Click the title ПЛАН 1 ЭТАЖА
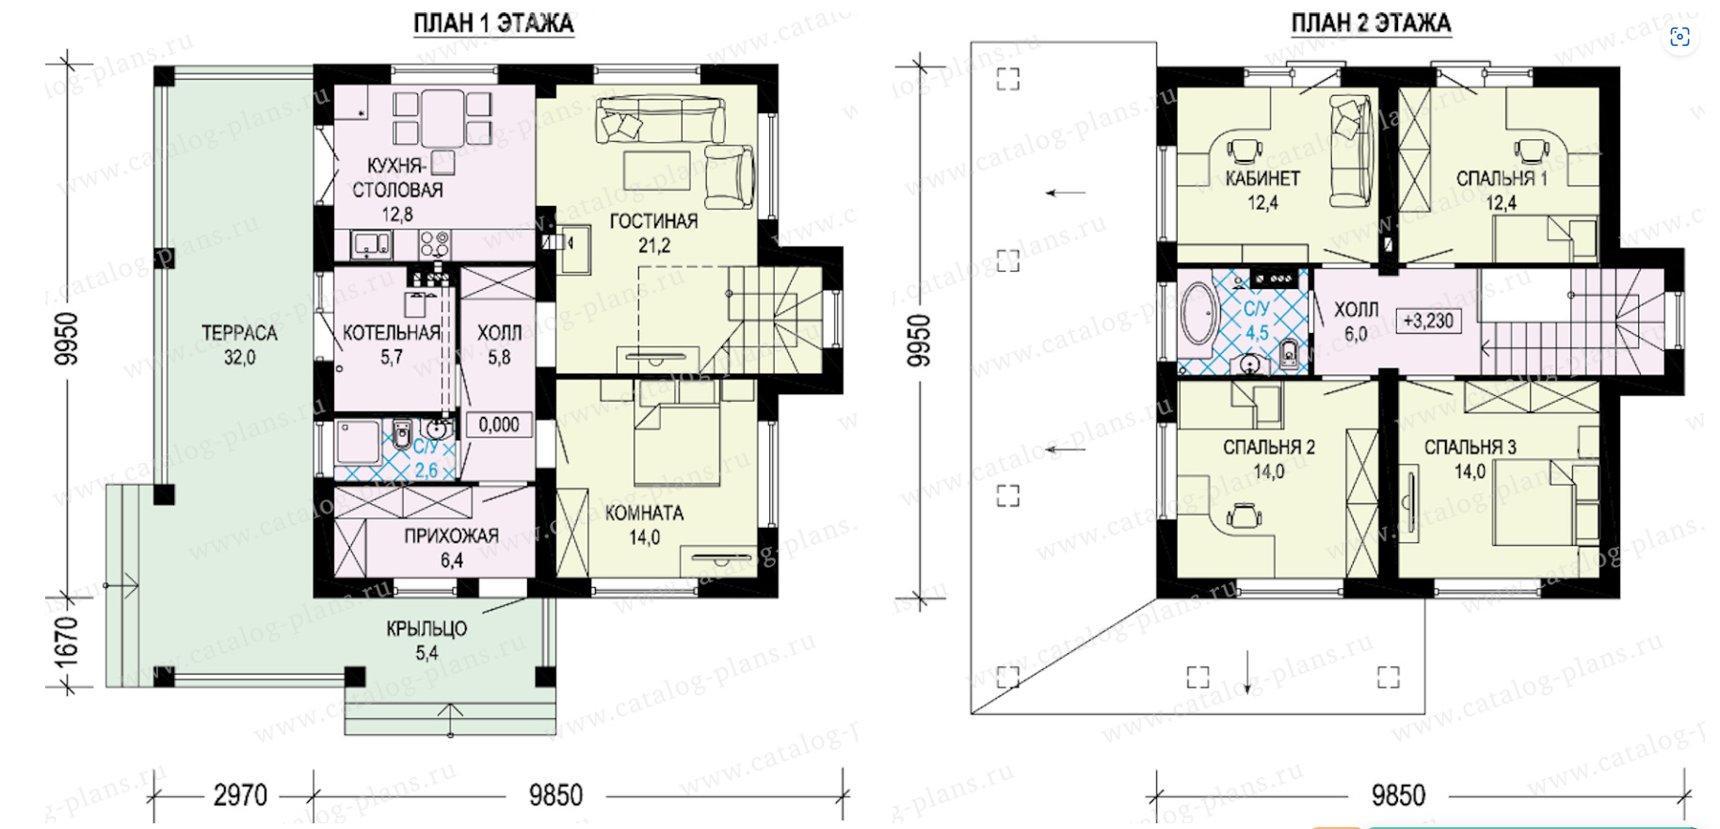click(493, 24)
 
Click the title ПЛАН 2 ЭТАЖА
click(1371, 24)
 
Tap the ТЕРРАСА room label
click(239, 333)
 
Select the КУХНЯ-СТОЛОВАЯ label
click(397, 178)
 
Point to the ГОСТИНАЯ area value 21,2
click(654, 246)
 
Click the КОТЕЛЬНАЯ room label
click(392, 333)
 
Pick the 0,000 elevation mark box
click(499, 424)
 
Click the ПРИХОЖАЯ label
click(451, 536)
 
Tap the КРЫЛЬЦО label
click(426, 629)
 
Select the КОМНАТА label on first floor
click(644, 514)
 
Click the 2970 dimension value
click(240, 796)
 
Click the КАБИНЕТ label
click(1262, 179)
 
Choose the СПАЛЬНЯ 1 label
click(1502, 179)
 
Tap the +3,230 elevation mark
click(1428, 321)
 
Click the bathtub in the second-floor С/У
click(1199, 313)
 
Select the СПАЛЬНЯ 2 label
click(1269, 448)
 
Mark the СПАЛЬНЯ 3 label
click(1470, 448)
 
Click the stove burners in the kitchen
click(434, 245)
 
